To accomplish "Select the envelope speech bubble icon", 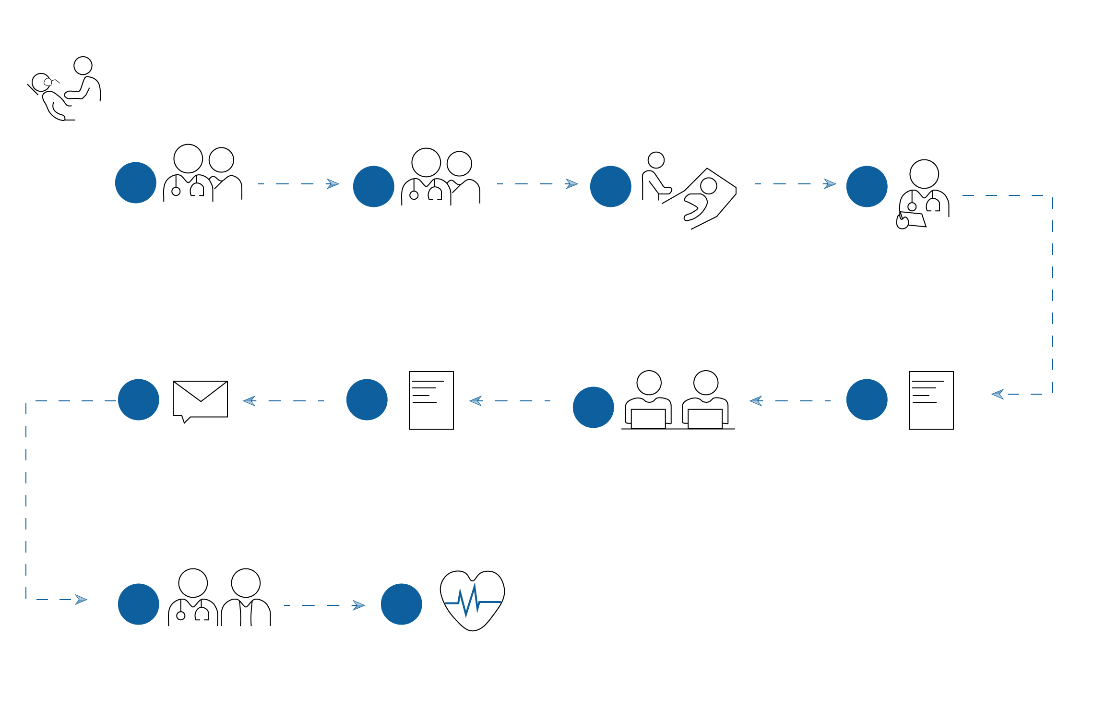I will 200,400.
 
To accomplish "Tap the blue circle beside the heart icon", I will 402,604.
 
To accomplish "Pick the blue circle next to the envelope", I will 139,399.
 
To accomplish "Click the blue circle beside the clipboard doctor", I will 867,186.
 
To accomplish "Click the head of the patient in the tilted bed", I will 708,186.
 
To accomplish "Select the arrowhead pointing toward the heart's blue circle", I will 359,605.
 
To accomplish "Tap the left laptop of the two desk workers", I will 648,419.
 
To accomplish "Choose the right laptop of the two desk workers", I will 705,419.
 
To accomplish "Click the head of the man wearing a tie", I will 246,583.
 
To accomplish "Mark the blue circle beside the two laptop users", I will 594,407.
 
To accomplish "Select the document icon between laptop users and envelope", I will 431,400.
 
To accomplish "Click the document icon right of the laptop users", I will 931,400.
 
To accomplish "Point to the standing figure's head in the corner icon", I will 83,66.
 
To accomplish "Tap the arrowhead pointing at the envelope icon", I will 249,401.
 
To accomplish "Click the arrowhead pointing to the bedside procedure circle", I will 571,184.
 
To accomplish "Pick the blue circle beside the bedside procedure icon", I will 611,186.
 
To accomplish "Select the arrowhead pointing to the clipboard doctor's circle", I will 830,184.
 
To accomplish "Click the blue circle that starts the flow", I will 136,182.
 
